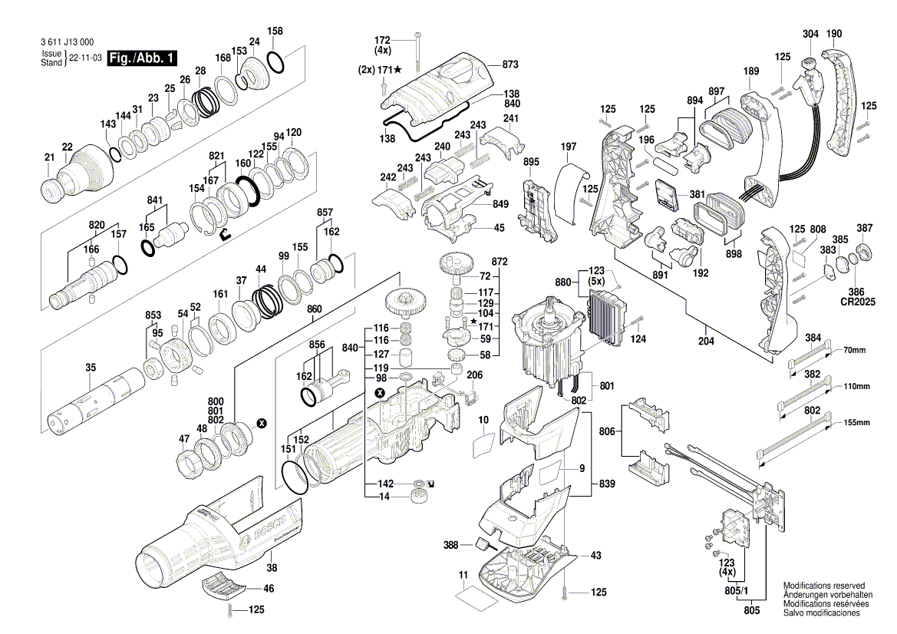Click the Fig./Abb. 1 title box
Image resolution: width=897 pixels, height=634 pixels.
143,58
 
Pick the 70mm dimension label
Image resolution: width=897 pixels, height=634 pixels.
853,350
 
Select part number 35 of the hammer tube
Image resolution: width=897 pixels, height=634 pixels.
91,368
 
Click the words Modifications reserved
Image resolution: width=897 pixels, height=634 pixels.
823,585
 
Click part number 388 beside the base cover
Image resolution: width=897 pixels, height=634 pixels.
451,545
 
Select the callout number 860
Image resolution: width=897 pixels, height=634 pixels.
314,309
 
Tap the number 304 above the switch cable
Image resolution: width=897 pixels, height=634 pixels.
810,34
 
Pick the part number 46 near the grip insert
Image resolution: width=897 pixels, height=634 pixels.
268,589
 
